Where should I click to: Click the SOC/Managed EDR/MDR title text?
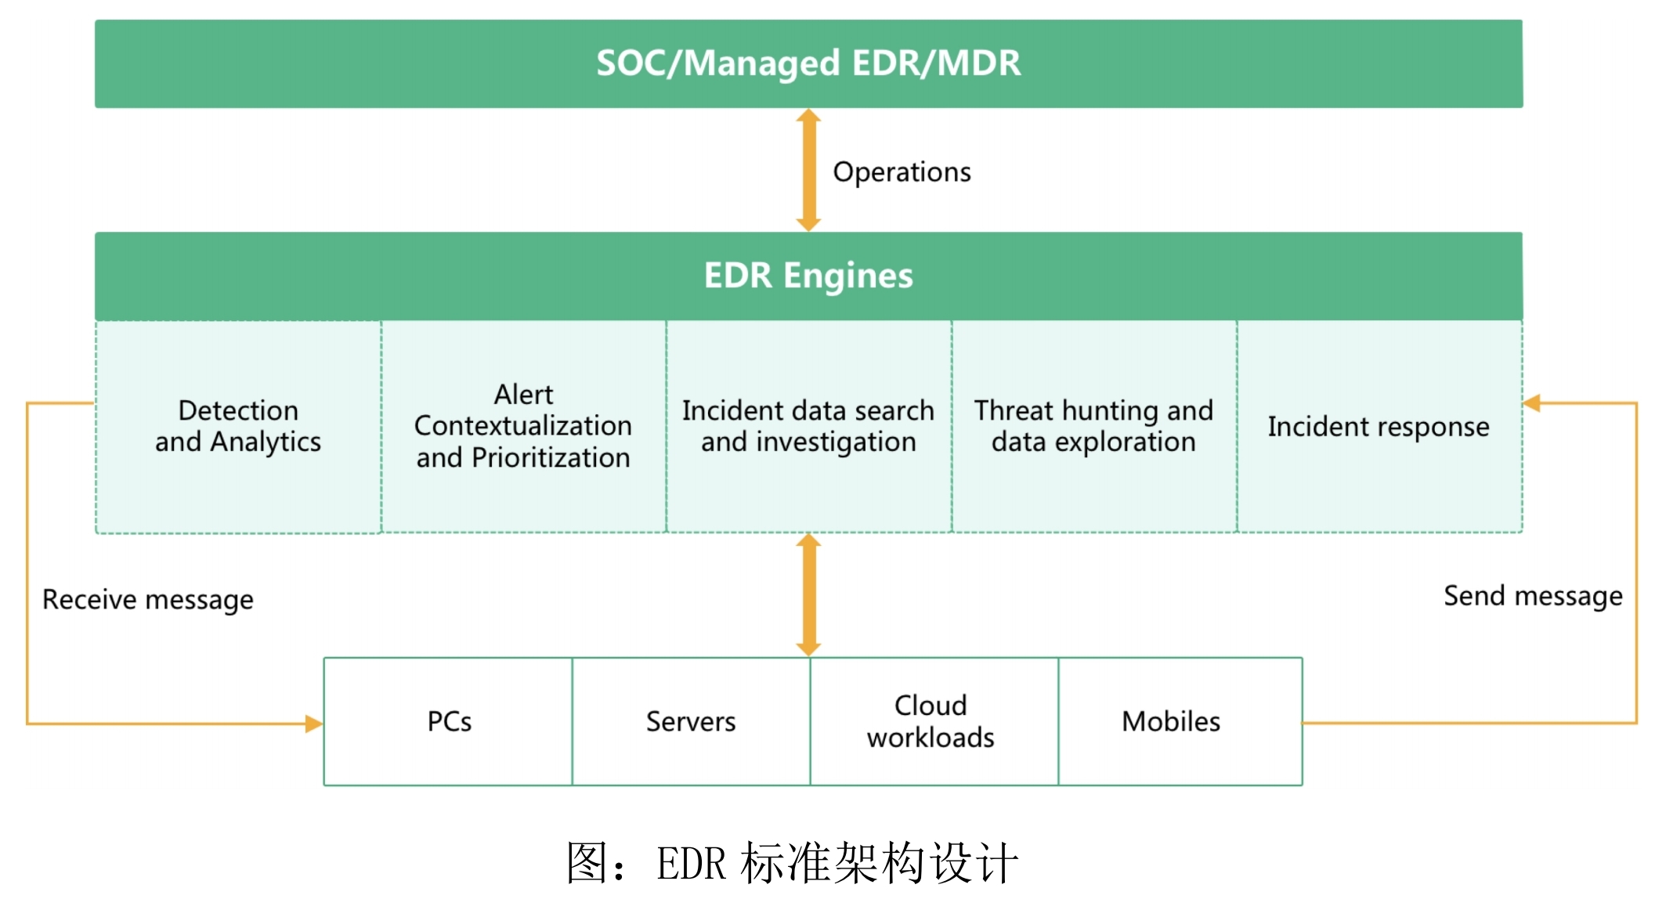point(808,63)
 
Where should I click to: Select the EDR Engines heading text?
point(808,276)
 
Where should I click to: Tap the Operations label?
point(902,172)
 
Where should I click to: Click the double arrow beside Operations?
point(808,170)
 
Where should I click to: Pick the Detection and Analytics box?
point(238,427)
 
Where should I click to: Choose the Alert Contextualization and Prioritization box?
point(524,427)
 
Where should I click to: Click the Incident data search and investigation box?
point(809,427)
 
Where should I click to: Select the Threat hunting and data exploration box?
point(1094,427)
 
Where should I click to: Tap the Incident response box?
point(1380,427)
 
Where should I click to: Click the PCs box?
point(448,721)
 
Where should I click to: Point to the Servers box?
point(691,721)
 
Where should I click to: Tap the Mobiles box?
point(1180,721)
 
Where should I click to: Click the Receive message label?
point(148,600)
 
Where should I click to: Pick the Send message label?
point(1533,597)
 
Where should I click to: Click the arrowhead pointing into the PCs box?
point(314,724)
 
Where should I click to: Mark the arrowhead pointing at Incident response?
point(1532,403)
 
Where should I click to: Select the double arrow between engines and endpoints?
point(808,595)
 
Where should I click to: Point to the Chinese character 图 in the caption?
point(588,863)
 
